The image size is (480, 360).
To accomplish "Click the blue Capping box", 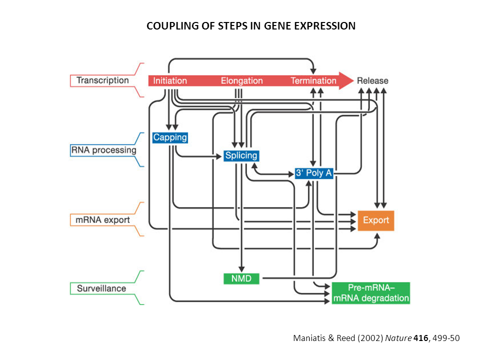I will (x=170, y=137).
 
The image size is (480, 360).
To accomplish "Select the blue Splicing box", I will (x=241, y=155).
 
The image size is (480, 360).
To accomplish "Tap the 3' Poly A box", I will (x=314, y=173).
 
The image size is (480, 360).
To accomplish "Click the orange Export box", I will (x=376, y=220).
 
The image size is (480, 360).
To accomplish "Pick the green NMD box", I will (x=241, y=278).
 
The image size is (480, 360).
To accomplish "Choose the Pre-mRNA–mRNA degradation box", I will (x=371, y=293).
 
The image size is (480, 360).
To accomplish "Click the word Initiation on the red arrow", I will (x=170, y=80).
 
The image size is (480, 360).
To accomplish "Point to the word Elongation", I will (x=241, y=80).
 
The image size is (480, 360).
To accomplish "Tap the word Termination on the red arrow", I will (x=313, y=80).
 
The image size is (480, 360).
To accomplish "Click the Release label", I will (x=372, y=80).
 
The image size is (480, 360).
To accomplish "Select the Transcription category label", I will (x=102, y=80).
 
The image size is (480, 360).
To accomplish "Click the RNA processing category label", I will (x=103, y=149).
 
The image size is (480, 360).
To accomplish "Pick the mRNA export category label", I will (x=102, y=219).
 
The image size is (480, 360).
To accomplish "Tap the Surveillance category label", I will (x=101, y=288).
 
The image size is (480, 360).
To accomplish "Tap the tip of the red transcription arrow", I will (x=352, y=80).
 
